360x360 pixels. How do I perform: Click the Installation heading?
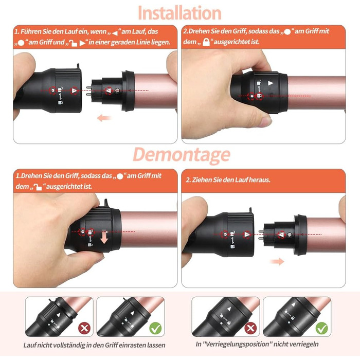coord(179,13)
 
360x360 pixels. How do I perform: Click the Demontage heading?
coord(182,154)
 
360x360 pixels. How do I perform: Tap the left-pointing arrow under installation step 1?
coord(104,118)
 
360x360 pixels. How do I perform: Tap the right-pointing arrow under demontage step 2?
coord(277,261)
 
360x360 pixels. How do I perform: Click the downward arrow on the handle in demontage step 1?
coord(104,237)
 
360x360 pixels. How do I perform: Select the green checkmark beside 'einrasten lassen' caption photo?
coord(155,328)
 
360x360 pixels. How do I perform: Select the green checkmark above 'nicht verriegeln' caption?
coord(321,328)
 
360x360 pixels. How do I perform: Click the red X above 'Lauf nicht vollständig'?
coord(84,328)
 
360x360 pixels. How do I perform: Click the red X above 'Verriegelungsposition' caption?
coord(250,328)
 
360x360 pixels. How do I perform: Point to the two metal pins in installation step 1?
coord(88,91)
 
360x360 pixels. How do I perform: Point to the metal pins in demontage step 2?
coord(261,235)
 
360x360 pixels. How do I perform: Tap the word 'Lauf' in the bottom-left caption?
coord(30,345)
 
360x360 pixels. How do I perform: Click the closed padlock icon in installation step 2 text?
coord(206,42)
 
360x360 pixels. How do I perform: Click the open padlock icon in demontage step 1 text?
coord(38,187)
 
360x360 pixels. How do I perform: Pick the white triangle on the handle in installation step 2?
coord(271,83)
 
